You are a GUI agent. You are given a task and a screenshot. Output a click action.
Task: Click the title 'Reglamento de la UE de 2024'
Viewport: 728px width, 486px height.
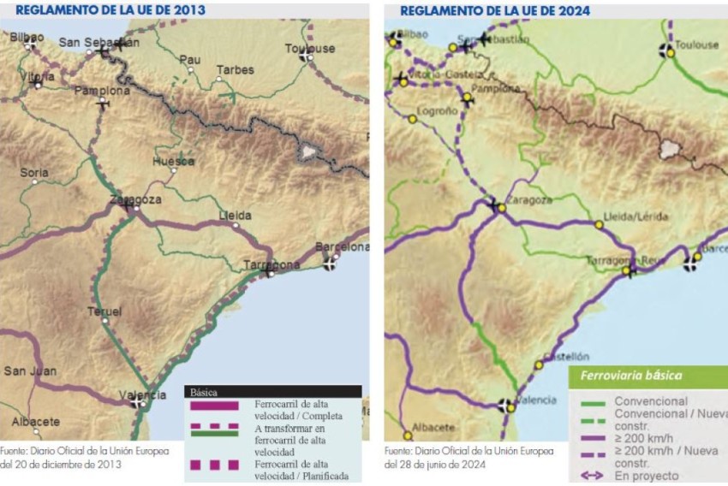point(495,10)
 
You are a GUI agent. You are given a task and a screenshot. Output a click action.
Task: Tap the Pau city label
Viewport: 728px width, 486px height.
point(189,60)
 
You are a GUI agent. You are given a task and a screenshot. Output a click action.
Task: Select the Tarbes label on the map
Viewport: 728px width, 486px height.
point(235,70)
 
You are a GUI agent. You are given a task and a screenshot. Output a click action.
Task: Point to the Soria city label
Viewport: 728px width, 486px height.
point(34,172)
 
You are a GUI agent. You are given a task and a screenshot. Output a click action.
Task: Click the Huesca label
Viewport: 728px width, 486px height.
point(173,161)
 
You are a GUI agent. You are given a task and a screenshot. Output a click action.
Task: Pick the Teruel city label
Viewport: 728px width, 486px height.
point(104,311)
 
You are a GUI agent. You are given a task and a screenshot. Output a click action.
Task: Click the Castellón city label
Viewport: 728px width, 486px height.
point(567,357)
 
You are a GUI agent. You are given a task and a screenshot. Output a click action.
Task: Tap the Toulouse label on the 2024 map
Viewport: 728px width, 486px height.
point(696,44)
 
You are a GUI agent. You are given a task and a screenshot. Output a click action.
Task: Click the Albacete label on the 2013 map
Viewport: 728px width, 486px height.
point(36,421)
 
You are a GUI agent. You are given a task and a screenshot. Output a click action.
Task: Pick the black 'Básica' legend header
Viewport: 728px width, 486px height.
point(206,393)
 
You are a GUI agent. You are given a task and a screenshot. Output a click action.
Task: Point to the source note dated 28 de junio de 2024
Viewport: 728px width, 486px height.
point(446,457)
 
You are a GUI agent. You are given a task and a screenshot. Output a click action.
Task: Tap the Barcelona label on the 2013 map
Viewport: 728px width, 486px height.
point(343,247)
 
